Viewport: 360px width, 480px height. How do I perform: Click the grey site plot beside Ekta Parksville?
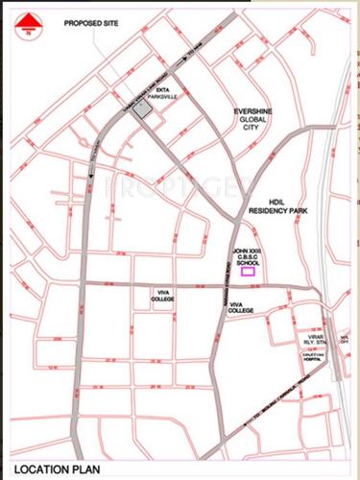click(142, 110)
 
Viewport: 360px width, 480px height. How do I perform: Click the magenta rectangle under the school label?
click(248, 272)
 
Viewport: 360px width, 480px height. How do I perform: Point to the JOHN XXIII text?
click(247, 251)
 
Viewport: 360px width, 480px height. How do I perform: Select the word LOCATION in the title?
click(37, 464)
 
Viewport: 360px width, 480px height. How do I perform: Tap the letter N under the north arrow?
click(27, 35)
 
